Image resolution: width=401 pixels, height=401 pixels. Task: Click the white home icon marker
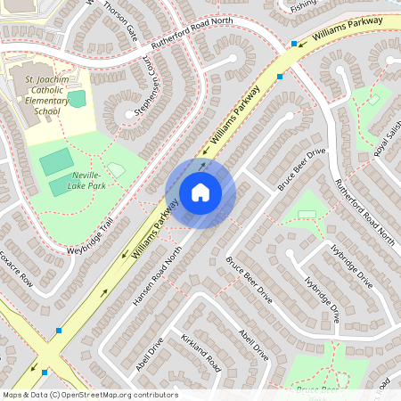(x=200, y=192)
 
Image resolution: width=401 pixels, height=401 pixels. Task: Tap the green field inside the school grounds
(x=77, y=98)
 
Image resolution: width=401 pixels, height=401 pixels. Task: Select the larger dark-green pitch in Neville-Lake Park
(x=55, y=161)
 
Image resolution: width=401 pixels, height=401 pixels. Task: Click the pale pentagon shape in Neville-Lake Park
(x=116, y=169)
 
